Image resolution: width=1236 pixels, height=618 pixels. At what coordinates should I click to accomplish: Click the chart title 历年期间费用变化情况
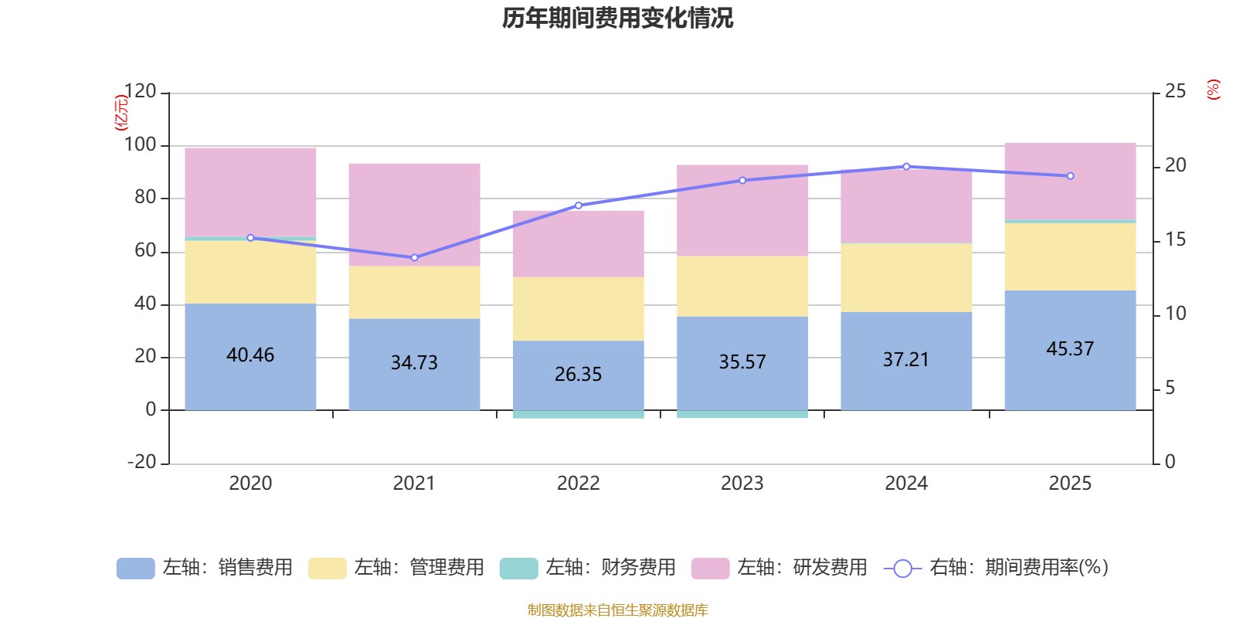click(617, 18)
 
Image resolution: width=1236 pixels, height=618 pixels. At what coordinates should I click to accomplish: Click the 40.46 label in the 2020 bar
click(250, 355)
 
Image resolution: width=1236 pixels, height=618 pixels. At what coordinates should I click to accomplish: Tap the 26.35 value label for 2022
click(578, 375)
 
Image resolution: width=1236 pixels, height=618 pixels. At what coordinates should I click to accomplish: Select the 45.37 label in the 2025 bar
click(1070, 349)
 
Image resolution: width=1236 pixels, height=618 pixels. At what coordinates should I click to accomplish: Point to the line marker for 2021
click(414, 257)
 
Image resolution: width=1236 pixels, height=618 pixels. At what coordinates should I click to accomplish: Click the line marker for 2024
click(906, 166)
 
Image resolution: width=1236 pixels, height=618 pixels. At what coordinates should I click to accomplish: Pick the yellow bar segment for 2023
click(742, 286)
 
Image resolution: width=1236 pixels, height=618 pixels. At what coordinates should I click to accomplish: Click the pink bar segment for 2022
click(578, 243)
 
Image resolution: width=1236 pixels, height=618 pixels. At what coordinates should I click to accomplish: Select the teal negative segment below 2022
click(578, 415)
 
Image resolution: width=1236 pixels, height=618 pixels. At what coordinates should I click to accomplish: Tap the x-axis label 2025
click(1070, 484)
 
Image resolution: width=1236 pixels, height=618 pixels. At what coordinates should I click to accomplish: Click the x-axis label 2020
click(250, 484)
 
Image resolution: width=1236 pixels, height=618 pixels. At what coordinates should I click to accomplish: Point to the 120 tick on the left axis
click(140, 92)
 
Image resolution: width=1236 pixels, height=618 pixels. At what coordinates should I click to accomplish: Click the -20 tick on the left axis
click(141, 462)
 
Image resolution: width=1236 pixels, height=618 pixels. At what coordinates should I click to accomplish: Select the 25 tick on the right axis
click(1175, 92)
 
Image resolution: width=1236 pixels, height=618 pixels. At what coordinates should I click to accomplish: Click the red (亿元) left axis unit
click(121, 113)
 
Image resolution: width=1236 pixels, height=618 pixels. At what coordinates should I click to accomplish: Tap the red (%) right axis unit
click(1213, 90)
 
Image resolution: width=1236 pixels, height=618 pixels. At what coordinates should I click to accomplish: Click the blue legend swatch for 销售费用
click(135, 569)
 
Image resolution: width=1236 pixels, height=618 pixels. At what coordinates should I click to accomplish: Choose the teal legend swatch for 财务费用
click(518, 569)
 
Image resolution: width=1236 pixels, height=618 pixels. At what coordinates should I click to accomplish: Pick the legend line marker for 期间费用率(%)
click(902, 569)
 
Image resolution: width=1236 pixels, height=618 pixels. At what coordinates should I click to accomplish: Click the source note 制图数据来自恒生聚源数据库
click(617, 610)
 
